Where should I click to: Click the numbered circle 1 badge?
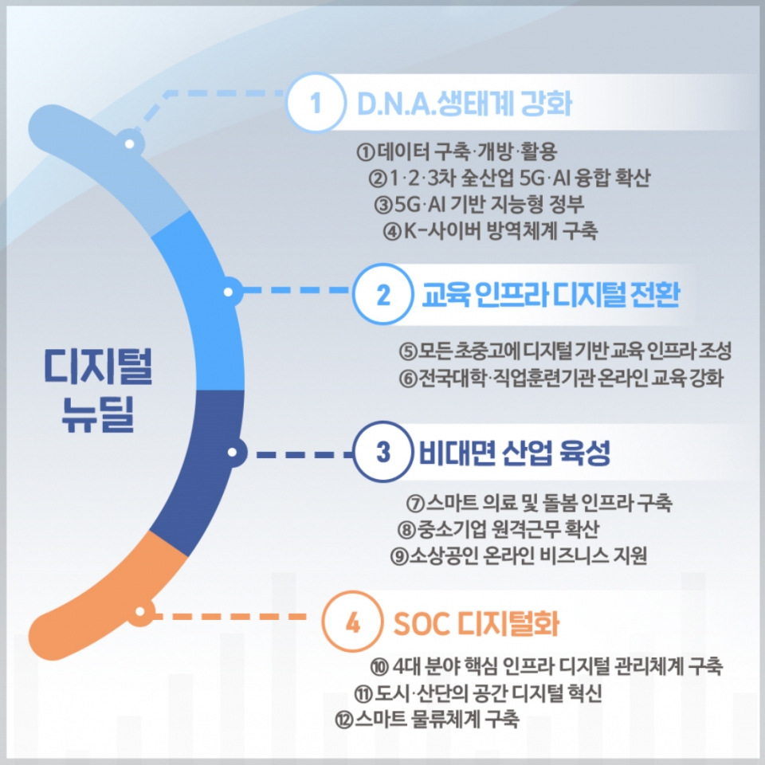pos(316,103)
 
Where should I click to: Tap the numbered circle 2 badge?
pos(383,294)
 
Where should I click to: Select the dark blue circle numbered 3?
pos(383,452)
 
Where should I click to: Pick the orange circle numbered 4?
pos(352,622)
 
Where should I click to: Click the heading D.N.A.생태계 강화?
pos(465,104)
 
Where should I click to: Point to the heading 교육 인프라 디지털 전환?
pos(551,294)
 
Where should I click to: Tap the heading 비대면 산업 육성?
pos(515,453)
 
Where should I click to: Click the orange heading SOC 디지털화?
pos(476,623)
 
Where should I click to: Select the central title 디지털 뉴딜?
pos(97,390)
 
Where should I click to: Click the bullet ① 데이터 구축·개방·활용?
pos(457,151)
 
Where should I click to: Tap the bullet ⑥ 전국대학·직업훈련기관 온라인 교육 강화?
pos(561,378)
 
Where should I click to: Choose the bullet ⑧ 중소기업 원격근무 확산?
pos(498,529)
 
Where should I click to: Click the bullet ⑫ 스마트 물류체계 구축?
pos(427,719)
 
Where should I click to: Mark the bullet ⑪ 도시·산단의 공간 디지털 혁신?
pos(478,692)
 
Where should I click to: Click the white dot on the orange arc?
pos(140,611)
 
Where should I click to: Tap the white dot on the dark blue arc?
pos(232,453)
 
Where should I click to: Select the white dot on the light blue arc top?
pos(130,144)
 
